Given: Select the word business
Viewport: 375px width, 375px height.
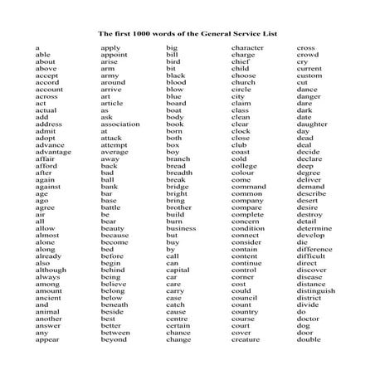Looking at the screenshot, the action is coord(181,229).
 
